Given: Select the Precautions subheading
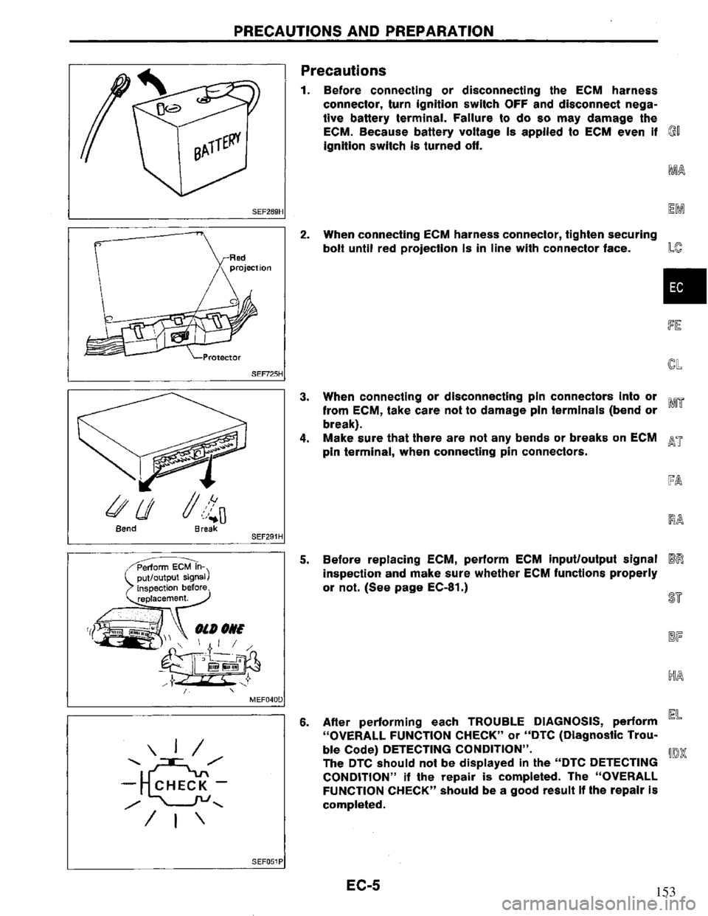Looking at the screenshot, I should (344, 70).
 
